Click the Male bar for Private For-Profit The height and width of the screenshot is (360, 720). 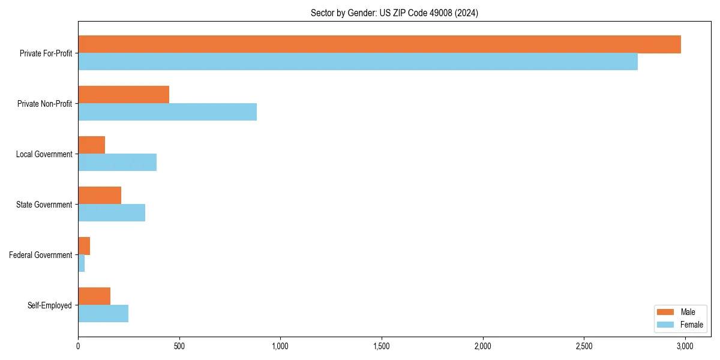tap(379, 44)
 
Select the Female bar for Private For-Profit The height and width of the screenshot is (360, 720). tap(358, 62)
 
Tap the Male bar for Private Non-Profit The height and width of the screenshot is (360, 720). tap(124, 95)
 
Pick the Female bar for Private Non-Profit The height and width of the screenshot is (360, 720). tap(167, 112)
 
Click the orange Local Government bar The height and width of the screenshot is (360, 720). tap(92, 145)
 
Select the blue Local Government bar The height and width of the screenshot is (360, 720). tap(118, 163)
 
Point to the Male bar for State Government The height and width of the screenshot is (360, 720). tap(100, 196)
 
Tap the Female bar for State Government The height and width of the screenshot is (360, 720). tap(112, 213)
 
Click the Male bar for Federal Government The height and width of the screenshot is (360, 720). tap(84, 246)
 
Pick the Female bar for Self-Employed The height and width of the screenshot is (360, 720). tap(103, 314)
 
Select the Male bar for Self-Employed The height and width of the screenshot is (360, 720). tap(94, 296)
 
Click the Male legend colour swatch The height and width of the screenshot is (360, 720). tap(666, 312)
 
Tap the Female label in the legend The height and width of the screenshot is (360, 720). tap(692, 325)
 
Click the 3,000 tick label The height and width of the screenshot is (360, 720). tap(685, 346)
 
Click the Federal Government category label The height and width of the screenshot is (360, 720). tap(40, 255)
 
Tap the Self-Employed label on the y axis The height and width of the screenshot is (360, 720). tap(49, 305)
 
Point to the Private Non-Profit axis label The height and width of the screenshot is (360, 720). tap(44, 104)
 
